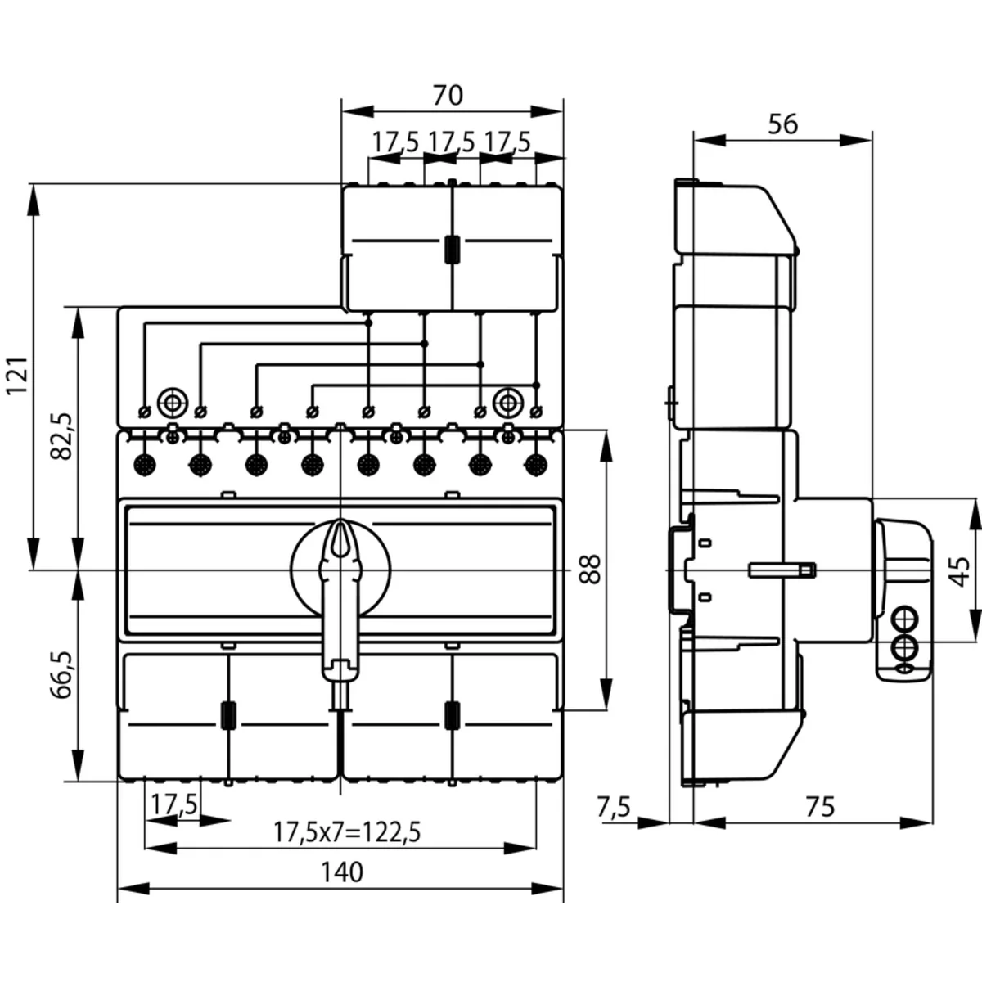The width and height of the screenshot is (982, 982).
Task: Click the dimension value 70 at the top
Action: click(x=448, y=96)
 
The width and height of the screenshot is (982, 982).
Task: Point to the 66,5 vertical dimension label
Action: click(x=63, y=674)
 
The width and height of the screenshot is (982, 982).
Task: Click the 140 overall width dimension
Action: click(x=341, y=872)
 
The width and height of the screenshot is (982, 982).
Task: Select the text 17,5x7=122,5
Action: click(x=347, y=832)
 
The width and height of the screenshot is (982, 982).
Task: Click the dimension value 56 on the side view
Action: click(x=782, y=124)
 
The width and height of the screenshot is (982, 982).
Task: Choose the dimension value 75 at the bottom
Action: click(x=819, y=806)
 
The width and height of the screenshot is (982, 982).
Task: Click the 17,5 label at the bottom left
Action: click(x=174, y=804)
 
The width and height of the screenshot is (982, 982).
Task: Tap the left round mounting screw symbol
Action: click(x=172, y=402)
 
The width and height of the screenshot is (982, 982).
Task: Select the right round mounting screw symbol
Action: click(x=508, y=402)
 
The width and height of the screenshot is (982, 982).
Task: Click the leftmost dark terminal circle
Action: click(x=144, y=465)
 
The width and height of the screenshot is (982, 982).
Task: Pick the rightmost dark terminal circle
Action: click(x=536, y=465)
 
